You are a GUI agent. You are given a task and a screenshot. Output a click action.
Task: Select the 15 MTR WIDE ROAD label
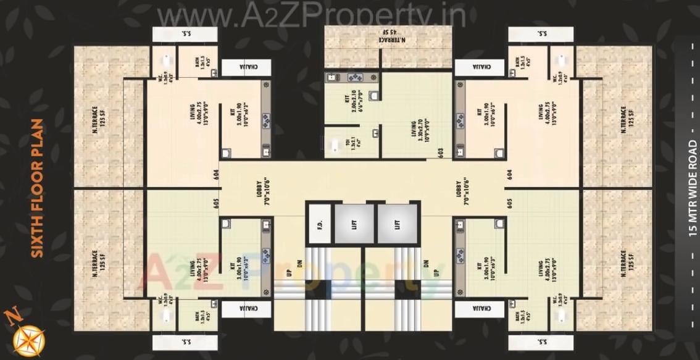[692, 189]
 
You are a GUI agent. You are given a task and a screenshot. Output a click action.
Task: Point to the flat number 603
[441, 153]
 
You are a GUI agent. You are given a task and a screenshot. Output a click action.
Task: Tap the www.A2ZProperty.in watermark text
[312, 15]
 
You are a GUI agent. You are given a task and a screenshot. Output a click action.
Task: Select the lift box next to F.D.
[354, 224]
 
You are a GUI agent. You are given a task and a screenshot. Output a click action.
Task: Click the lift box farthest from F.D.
[396, 224]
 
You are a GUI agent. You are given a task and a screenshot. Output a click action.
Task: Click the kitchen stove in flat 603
[356, 78]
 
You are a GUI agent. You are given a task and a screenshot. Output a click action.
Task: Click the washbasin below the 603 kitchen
[374, 95]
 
